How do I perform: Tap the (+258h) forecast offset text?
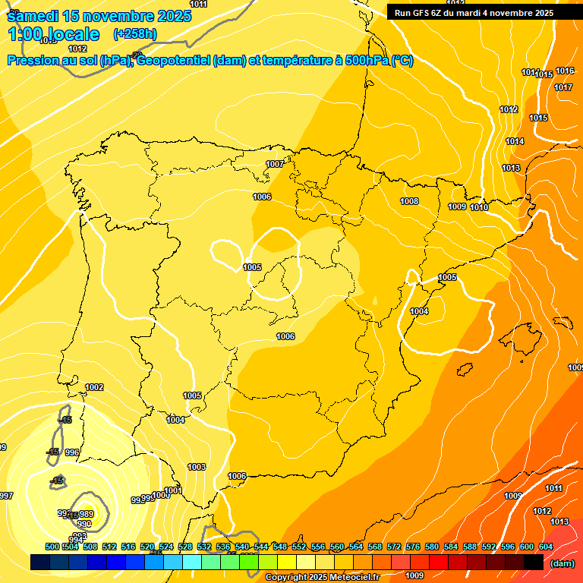(x=134, y=33)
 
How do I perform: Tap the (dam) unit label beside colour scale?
(x=563, y=563)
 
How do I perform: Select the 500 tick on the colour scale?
(x=52, y=547)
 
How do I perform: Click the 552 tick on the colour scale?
(x=299, y=547)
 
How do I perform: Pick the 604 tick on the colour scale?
(x=546, y=547)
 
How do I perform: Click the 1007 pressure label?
(x=275, y=164)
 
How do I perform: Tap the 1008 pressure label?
(x=409, y=201)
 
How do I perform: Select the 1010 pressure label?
(x=479, y=207)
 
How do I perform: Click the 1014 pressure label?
(x=515, y=141)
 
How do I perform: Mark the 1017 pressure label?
(x=563, y=87)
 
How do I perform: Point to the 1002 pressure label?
(x=94, y=387)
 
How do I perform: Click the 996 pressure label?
(x=72, y=452)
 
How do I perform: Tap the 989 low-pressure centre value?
(x=86, y=514)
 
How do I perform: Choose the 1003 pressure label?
(x=197, y=467)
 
